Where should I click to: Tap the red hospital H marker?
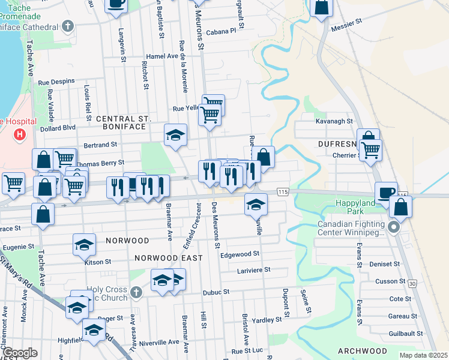[20, 134]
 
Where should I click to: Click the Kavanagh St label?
[334, 121]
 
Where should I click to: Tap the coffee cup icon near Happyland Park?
[386, 192]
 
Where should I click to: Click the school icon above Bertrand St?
[176, 134]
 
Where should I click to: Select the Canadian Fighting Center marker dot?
[394, 227]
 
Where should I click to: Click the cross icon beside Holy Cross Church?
[136, 292]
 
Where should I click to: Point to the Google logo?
[20, 353]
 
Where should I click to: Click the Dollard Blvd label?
[58, 128]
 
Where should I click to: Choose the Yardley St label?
[267, 320]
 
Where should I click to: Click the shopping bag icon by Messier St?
[322, 7]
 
